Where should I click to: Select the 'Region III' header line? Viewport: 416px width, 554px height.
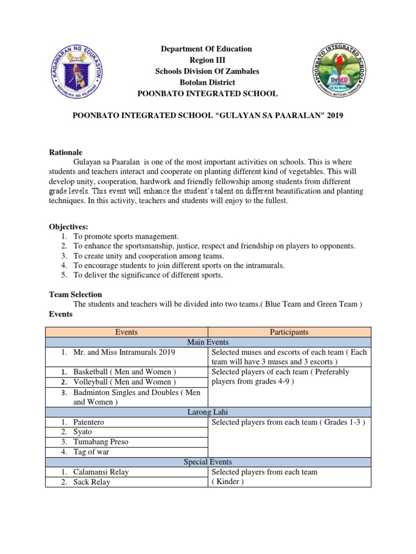click(x=206, y=60)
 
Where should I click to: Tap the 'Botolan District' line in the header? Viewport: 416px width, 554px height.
click(x=206, y=82)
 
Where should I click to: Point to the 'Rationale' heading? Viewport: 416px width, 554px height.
click(x=66, y=152)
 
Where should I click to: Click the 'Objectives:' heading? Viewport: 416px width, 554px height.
click(x=68, y=226)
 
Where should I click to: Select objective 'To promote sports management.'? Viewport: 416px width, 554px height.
click(x=126, y=236)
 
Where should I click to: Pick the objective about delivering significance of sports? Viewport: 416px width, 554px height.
click(x=148, y=275)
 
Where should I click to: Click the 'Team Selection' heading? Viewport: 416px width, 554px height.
click(x=75, y=294)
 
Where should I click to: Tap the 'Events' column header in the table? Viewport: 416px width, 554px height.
click(x=126, y=332)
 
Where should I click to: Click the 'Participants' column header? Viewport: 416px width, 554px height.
click(x=290, y=332)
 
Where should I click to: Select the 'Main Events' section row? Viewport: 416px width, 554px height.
click(x=208, y=342)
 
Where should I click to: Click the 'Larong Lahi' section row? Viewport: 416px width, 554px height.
click(x=208, y=412)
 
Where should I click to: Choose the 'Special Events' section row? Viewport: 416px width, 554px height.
click(x=208, y=461)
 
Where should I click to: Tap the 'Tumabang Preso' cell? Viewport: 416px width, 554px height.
click(x=101, y=441)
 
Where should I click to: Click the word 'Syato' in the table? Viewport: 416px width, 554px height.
click(x=83, y=432)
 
